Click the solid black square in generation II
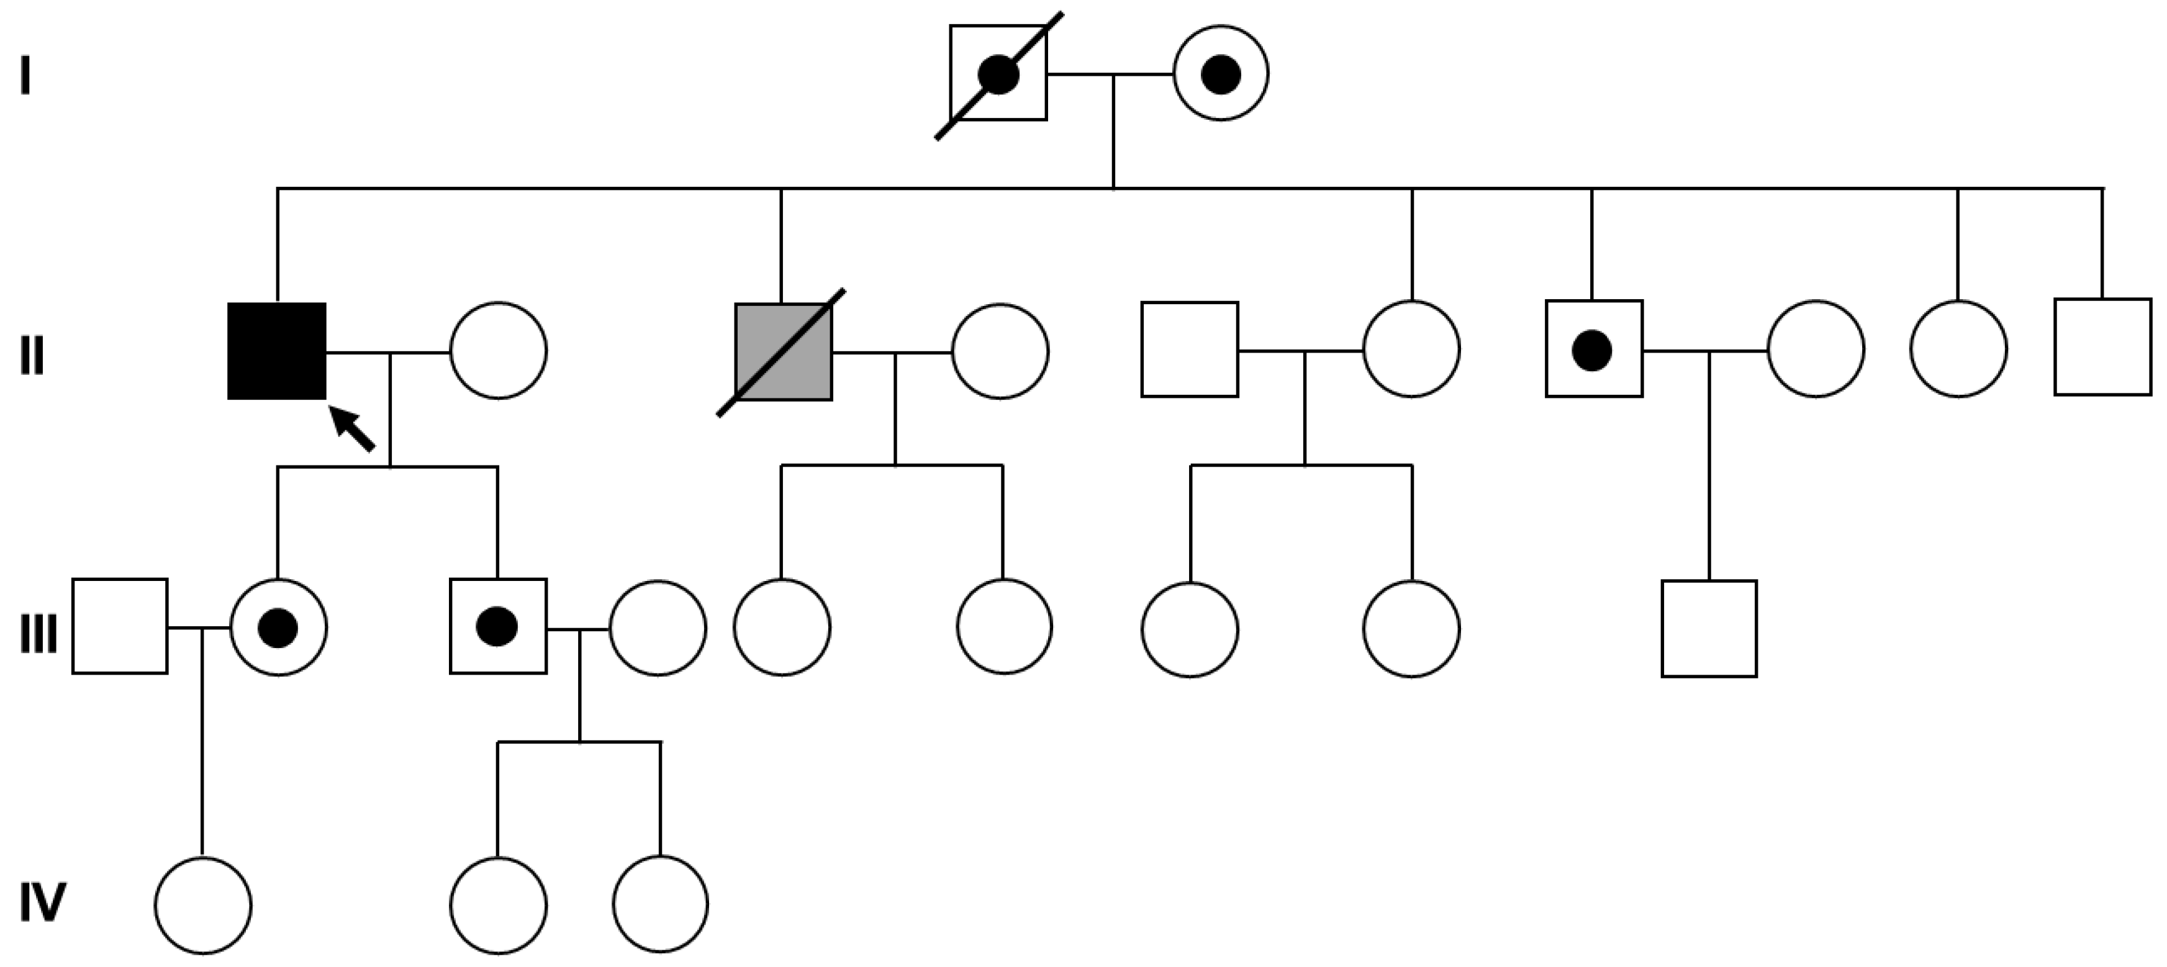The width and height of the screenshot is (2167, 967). point(277,351)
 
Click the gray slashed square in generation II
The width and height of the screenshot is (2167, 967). point(783,351)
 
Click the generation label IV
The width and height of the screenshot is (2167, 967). point(42,903)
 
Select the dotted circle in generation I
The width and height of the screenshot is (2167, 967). point(1221,73)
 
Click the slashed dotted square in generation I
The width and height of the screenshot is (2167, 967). point(998,73)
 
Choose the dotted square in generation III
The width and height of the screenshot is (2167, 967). point(498,626)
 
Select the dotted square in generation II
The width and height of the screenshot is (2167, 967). point(1593,349)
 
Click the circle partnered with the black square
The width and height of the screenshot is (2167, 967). point(498,350)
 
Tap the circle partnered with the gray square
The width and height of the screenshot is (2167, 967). point(1000,351)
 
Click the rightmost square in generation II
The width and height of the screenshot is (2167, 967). point(2102,346)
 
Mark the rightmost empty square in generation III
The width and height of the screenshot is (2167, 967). point(1709,628)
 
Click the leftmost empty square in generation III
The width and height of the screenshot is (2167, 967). point(119,626)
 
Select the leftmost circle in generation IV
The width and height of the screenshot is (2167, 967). point(203,905)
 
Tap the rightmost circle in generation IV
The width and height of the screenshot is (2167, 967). point(661,904)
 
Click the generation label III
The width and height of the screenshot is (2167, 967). point(38,634)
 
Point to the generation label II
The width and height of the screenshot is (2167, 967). point(32,356)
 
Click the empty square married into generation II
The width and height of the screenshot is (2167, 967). point(1190,349)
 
